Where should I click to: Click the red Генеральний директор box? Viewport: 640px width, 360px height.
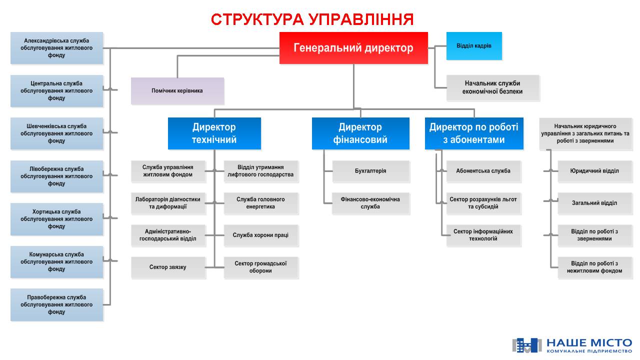tap(353, 48)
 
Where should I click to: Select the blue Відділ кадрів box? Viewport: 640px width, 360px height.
tap(473, 46)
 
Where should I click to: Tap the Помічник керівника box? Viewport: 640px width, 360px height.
tap(177, 91)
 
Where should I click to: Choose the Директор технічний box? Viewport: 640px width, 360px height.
tap(214, 133)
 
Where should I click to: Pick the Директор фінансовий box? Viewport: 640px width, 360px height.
tap(360, 133)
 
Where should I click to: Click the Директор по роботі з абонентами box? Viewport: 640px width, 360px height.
tap(473, 133)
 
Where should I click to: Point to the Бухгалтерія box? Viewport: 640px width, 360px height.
tap(370, 171)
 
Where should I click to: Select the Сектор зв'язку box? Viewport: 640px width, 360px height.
tap(168, 267)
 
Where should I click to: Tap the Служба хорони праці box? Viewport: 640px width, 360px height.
tap(260, 235)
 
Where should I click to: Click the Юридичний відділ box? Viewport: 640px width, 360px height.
tap(594, 171)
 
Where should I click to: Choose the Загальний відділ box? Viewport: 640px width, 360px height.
tap(594, 203)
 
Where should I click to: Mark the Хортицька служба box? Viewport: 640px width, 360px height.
tap(56, 219)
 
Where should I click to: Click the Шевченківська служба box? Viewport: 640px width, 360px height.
tap(56, 133)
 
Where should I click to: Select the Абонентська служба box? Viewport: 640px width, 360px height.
tap(483, 171)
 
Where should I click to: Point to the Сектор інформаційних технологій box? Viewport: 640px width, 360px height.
tap(483, 235)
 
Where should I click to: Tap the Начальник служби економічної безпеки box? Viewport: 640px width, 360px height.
tap(492, 88)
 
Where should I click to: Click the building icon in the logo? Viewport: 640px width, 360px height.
tap(526, 345)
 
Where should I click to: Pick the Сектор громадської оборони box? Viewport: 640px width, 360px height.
tap(260, 267)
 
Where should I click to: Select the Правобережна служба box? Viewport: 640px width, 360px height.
tap(56, 304)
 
